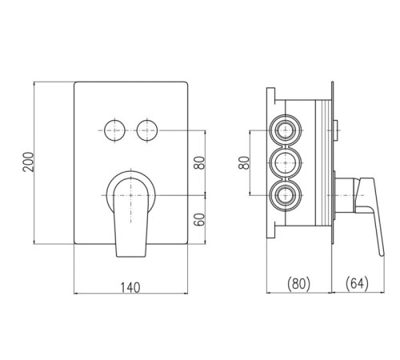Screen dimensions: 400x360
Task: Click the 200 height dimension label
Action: coord(29,162)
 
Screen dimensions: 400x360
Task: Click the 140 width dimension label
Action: coord(130,288)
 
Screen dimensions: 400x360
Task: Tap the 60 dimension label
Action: coord(199,219)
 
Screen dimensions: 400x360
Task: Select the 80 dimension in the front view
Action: coord(199,162)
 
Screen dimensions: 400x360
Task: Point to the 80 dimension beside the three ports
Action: coord(244,162)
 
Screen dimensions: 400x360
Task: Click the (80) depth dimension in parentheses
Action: coord(298,284)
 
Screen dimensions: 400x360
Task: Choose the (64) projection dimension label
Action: coord(357,284)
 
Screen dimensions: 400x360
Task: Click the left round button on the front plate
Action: coord(114,130)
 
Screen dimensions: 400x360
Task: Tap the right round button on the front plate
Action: coord(147,130)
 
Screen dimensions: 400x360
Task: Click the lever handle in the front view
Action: coord(130,217)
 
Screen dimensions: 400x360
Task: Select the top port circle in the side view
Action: coord(286,130)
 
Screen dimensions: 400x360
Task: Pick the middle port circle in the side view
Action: coord(286,162)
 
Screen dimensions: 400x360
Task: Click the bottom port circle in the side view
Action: coord(286,195)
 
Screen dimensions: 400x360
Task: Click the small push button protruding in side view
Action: coord(336,130)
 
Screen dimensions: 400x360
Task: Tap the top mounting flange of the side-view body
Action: coord(270,94)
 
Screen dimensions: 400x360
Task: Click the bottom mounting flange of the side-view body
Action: coord(270,231)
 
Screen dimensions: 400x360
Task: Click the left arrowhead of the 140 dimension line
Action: coord(76,294)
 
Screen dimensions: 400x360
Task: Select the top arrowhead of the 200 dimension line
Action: coord(34,84)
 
